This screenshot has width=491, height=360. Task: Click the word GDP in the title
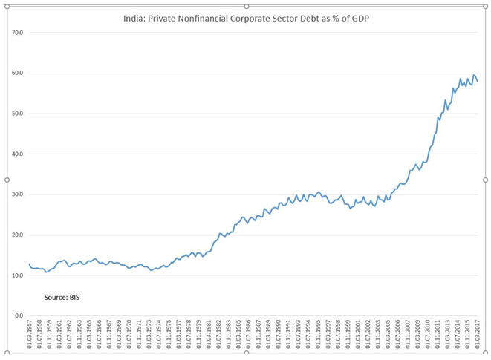[357, 16]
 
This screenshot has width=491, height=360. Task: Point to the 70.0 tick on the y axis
[18, 33]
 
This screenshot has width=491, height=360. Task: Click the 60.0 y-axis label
[18, 73]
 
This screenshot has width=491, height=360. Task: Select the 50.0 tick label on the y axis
[18, 114]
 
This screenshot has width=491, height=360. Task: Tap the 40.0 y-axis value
[18, 154]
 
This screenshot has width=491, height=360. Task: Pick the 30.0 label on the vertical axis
[18, 194]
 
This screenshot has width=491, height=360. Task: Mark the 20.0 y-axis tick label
[18, 235]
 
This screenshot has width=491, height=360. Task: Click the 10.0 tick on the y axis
[18, 275]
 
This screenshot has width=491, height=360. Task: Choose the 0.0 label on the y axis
[19, 316]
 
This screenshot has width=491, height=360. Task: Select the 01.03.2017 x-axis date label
[476, 338]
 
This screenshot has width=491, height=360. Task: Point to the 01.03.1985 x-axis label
[238, 338]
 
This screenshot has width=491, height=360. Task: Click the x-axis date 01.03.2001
[357, 338]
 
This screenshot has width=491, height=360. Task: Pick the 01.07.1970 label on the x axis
[129, 338]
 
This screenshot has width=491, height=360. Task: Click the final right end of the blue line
[477, 82]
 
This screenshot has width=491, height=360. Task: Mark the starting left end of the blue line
[29, 264]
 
